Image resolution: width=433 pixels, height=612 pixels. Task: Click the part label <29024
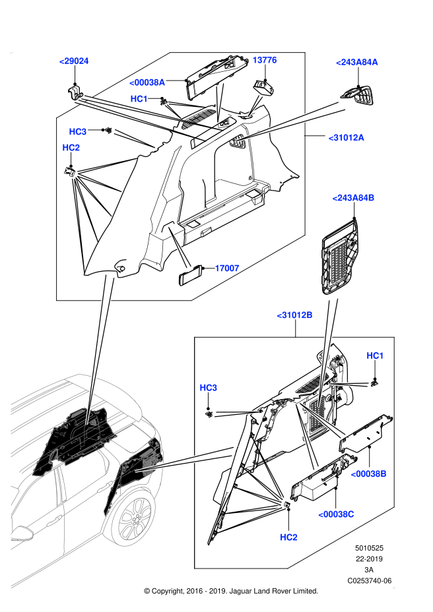pyautogui.click(x=74, y=61)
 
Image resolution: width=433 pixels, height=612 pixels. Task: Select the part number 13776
pyautogui.click(x=265, y=60)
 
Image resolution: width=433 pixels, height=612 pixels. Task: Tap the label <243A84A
pyautogui.click(x=357, y=62)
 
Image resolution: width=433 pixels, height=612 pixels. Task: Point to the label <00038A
pyautogui.click(x=147, y=82)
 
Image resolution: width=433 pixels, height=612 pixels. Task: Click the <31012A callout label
pyautogui.click(x=346, y=138)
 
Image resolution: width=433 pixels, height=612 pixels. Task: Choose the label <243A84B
pyautogui.click(x=353, y=198)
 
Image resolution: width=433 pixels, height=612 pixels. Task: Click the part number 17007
pyautogui.click(x=227, y=268)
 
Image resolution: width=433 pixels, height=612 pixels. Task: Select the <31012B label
pyautogui.click(x=294, y=315)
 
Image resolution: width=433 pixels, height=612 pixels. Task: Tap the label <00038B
pyautogui.click(x=368, y=474)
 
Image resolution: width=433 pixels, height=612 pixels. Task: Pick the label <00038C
pyautogui.click(x=336, y=514)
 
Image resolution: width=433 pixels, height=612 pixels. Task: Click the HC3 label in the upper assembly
pyautogui.click(x=78, y=131)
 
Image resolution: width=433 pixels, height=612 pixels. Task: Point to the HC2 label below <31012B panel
pyautogui.click(x=289, y=537)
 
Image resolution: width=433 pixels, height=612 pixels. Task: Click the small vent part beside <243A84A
pyautogui.click(x=357, y=96)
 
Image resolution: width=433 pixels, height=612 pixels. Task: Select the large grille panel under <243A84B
pyautogui.click(x=339, y=255)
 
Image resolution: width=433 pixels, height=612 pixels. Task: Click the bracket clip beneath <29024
pyautogui.click(x=75, y=93)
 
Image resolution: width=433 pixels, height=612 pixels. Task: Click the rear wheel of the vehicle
pyautogui.click(x=134, y=517)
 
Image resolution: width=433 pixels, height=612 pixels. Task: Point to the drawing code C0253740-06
pyautogui.click(x=369, y=581)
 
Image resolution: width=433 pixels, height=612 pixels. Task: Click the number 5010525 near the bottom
pyautogui.click(x=369, y=548)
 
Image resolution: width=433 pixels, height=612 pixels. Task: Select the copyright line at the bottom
pyautogui.click(x=231, y=592)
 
